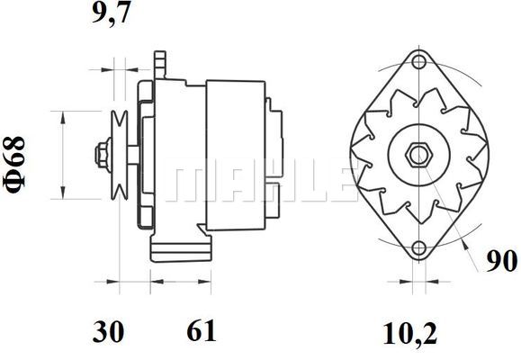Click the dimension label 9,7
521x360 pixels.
click(x=111, y=13)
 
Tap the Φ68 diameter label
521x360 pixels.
click(x=14, y=165)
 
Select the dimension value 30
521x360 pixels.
click(x=108, y=331)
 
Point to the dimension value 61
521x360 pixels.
click(x=202, y=330)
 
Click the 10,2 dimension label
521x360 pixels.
click(x=410, y=333)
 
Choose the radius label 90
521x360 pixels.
click(x=502, y=261)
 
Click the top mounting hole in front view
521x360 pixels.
click(x=418, y=62)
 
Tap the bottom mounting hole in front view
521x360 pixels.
click(x=418, y=248)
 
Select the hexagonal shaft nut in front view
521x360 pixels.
click(x=418, y=155)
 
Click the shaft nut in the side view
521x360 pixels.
click(x=103, y=155)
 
